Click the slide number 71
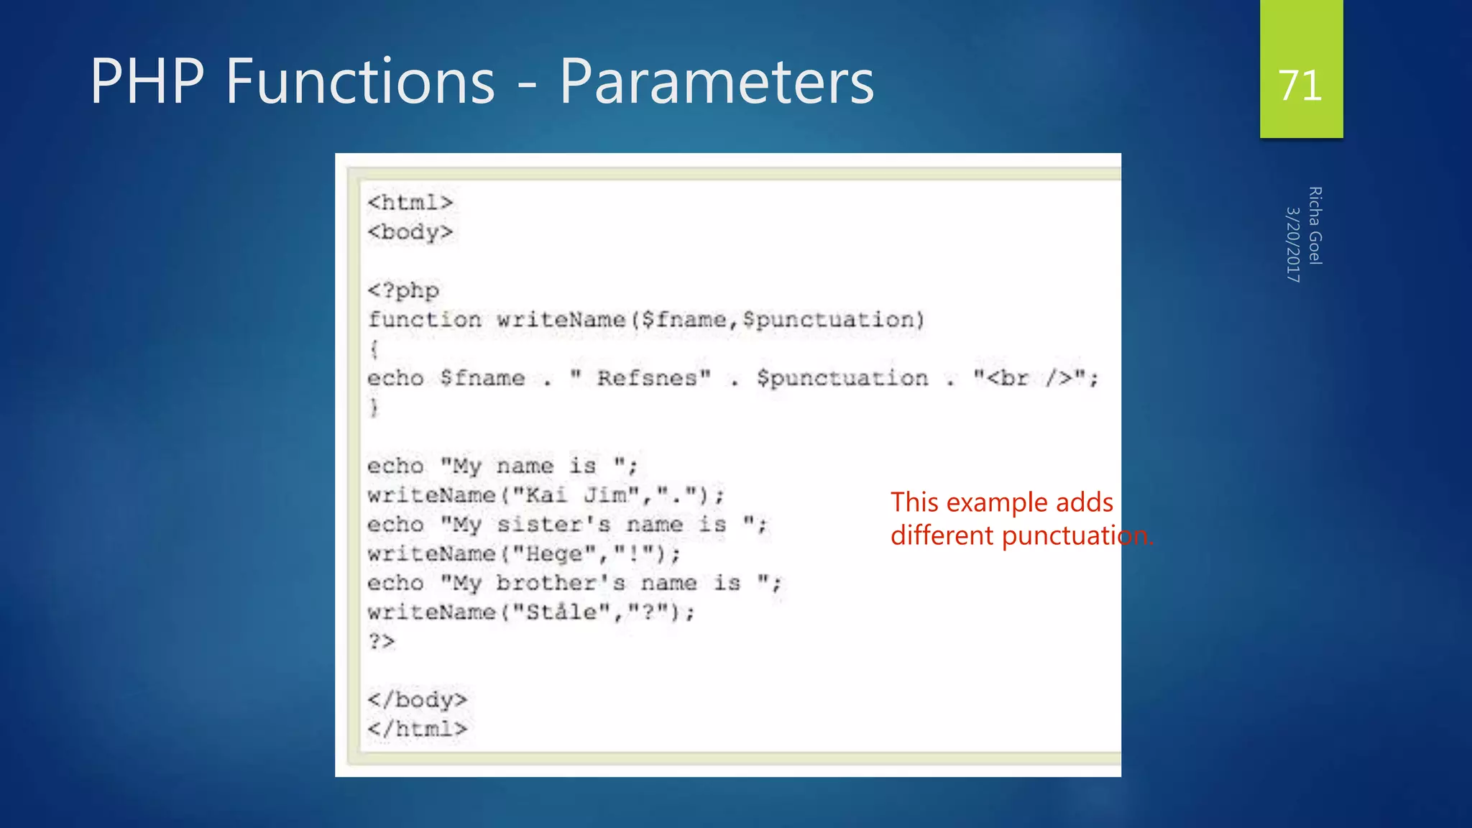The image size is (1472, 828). (x=1300, y=86)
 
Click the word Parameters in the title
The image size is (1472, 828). (x=717, y=81)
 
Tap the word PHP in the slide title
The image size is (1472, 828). (x=147, y=81)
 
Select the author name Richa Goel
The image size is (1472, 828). (x=1315, y=226)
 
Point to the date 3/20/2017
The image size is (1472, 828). (x=1293, y=244)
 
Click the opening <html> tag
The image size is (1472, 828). (x=410, y=203)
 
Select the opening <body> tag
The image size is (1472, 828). (x=410, y=232)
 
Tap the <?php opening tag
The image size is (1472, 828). (x=403, y=290)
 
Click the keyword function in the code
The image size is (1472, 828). (x=425, y=320)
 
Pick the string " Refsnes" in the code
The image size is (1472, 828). (x=640, y=378)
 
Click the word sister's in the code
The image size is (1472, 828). (x=554, y=525)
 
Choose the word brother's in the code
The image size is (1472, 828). (x=561, y=583)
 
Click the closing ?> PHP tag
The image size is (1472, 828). (x=382, y=641)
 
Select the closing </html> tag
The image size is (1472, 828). (x=418, y=730)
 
